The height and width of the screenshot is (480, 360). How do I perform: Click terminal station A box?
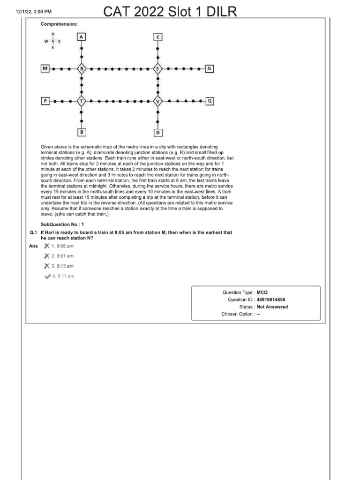pyautogui.click(x=82, y=37)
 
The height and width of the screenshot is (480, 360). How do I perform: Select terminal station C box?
pyautogui.click(x=158, y=37)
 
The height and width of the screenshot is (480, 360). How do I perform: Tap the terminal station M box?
pyautogui.click(x=45, y=69)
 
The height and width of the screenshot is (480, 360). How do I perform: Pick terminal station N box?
pyautogui.click(x=209, y=69)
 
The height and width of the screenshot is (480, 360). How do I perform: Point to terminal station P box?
pyautogui.click(x=45, y=101)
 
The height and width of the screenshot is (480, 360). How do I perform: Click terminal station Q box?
pyautogui.click(x=210, y=101)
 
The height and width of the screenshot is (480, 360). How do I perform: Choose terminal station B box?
pyautogui.click(x=82, y=132)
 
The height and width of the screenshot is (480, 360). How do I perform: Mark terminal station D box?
pyautogui.click(x=158, y=132)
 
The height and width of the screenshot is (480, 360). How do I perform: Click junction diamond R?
pyautogui.click(x=82, y=69)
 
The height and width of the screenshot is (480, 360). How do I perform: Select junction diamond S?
pyautogui.click(x=158, y=69)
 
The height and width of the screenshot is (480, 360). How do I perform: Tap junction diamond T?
pyautogui.click(x=82, y=101)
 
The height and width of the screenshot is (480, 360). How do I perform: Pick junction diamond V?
pyautogui.click(x=158, y=101)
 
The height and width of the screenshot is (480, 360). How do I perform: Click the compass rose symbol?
pyautogui.click(x=52, y=41)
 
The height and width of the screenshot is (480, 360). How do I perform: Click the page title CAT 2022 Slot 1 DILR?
pyautogui.click(x=170, y=11)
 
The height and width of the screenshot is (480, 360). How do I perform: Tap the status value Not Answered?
pyautogui.click(x=272, y=307)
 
